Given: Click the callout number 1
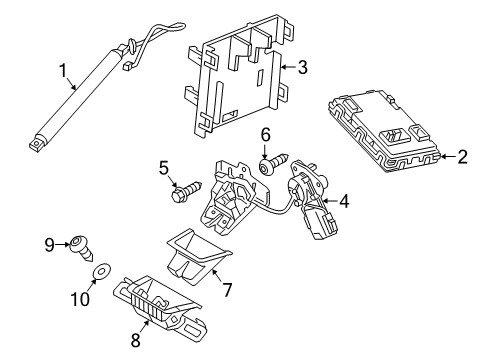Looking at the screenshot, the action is [x=63, y=71].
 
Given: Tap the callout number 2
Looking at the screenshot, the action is [x=462, y=157].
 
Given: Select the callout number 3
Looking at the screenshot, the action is [x=302, y=67].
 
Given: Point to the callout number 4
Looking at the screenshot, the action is [x=344, y=201].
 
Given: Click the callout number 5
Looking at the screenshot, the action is [x=164, y=168].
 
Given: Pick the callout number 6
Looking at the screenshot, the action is [x=265, y=135].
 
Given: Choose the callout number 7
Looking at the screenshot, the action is [x=227, y=289].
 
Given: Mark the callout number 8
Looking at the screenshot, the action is [x=135, y=340].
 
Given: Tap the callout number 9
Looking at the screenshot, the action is [x=49, y=245].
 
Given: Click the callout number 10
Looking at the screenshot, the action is [x=80, y=299].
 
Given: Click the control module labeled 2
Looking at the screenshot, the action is [x=385, y=131].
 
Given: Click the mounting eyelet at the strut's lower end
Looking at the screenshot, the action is [x=37, y=145].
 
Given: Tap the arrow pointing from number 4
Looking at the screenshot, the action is [x=330, y=201].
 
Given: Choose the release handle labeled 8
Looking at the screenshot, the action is [x=160, y=304].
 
